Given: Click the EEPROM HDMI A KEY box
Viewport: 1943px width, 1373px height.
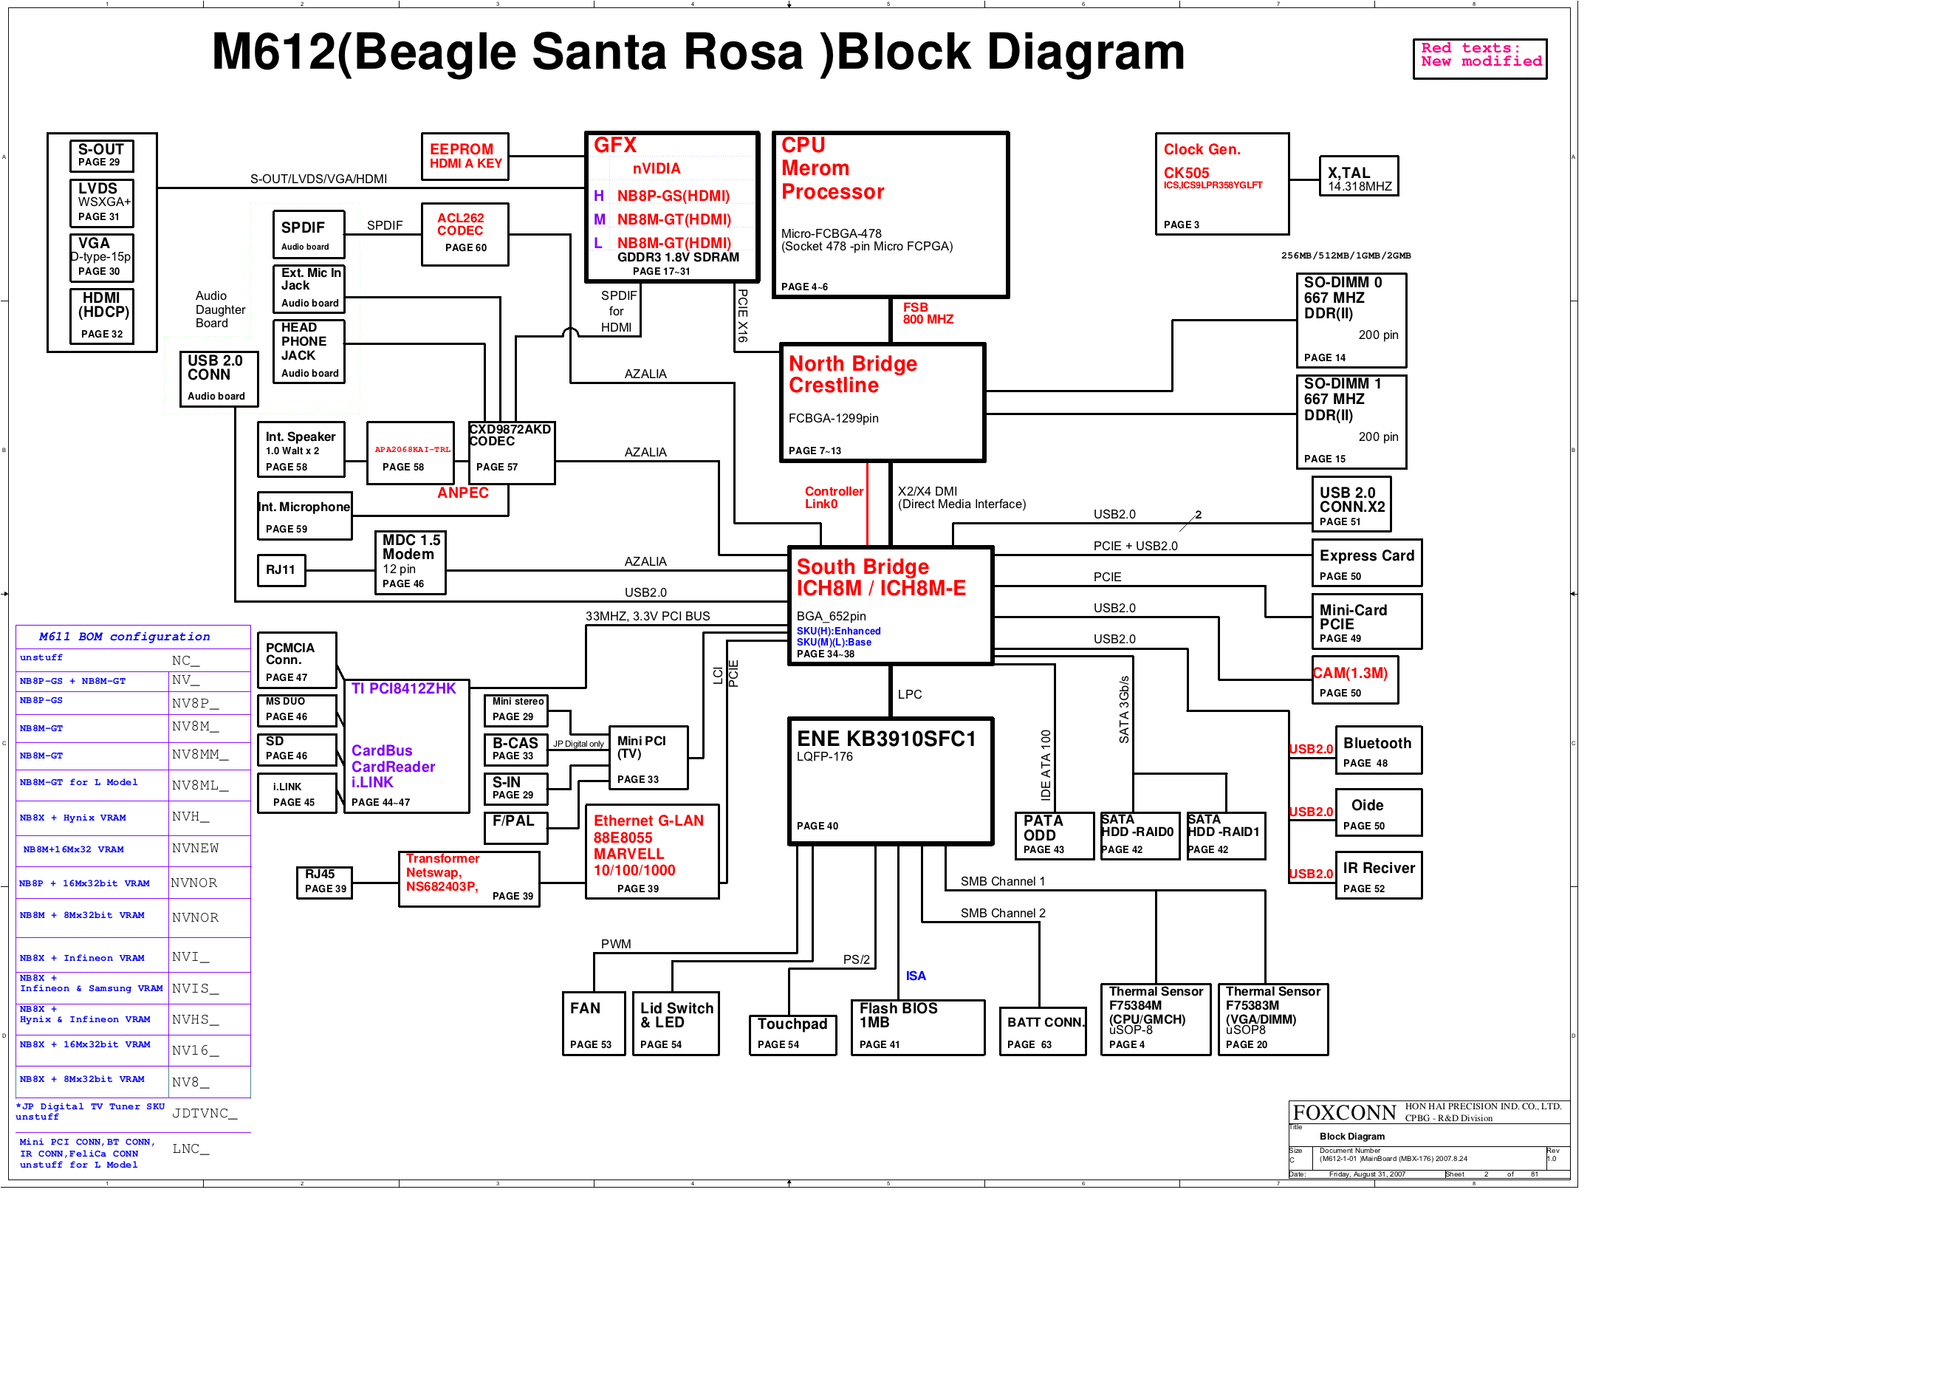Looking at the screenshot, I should [x=465, y=157].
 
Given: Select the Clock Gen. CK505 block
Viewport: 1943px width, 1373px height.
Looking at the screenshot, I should [x=1221, y=184].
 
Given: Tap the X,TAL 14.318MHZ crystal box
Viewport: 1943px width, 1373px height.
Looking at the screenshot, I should [x=1357, y=176].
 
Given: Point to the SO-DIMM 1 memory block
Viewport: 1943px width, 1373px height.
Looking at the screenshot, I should [x=1351, y=422].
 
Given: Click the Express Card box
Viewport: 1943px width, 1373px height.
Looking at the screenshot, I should [x=1365, y=563].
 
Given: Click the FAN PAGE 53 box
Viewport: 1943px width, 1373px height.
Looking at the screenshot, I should [x=593, y=1024].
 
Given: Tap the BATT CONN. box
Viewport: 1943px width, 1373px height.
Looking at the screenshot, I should [x=1043, y=1030].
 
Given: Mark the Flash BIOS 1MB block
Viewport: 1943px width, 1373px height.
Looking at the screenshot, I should [x=916, y=1027].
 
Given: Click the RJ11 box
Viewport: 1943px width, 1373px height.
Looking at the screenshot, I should [x=281, y=569].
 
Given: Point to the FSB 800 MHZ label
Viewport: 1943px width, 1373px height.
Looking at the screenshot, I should [x=928, y=313].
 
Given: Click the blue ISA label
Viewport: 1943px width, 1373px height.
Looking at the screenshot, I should [x=916, y=976].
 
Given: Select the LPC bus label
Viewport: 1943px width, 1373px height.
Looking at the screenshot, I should [x=910, y=694].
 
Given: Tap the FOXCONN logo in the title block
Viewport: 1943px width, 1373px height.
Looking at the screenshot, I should [x=1344, y=1112].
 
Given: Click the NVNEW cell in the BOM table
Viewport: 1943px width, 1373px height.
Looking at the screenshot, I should [x=196, y=848].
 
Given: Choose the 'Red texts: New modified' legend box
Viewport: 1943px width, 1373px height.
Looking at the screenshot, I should [x=1479, y=58].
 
